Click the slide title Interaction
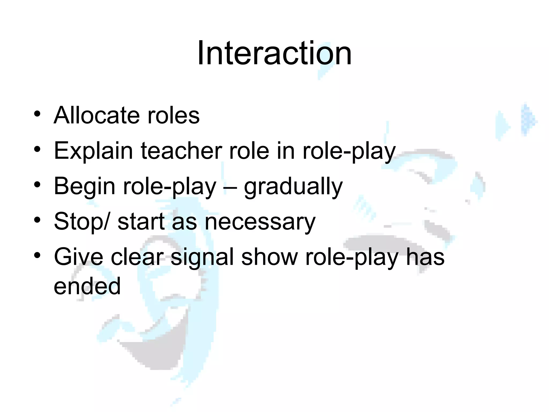[274, 53]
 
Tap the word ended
[87, 286]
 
